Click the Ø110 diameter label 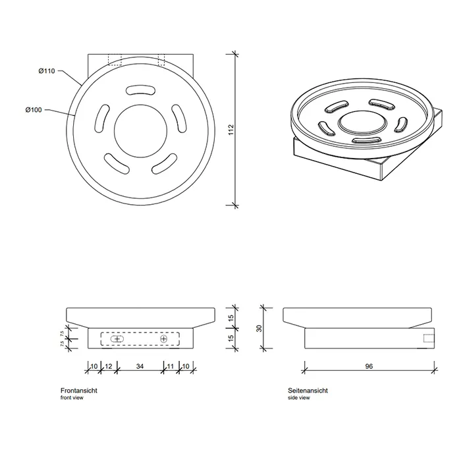47,71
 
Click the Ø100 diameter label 34,110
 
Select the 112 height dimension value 231,130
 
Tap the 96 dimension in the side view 369,366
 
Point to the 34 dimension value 140,366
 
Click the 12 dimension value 109,366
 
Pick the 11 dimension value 171,366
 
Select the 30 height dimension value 259,329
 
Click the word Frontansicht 79,391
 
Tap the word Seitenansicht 308,391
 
